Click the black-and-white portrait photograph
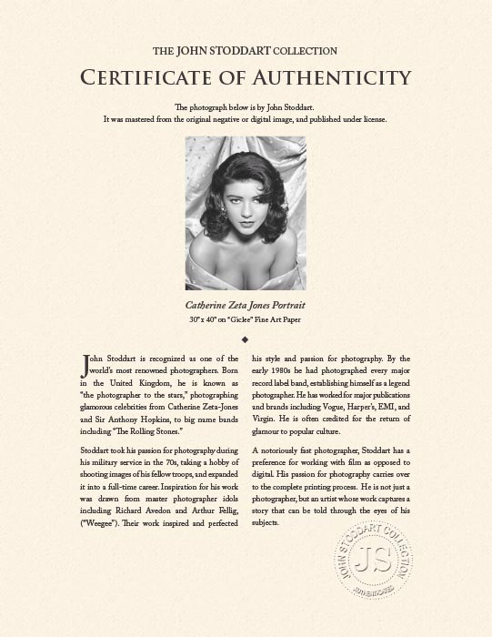point(246,212)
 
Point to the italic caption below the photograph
point(246,306)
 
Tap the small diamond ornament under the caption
point(246,339)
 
